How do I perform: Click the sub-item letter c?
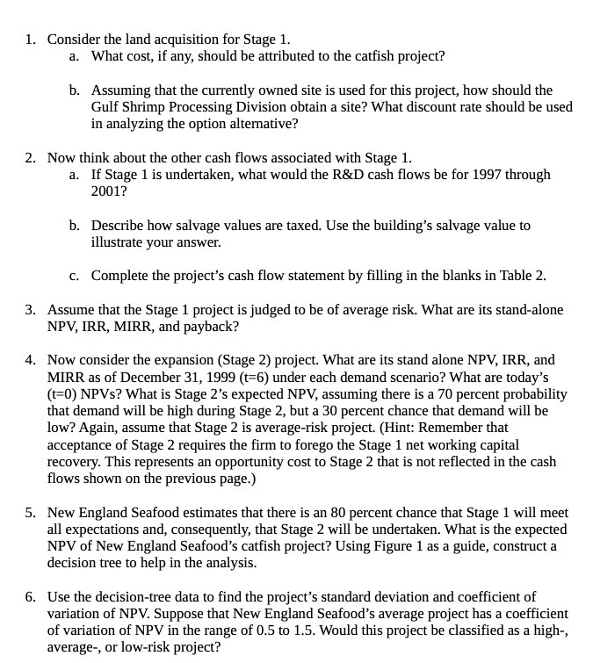pos(75,275)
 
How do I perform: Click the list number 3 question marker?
pos(30,309)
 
